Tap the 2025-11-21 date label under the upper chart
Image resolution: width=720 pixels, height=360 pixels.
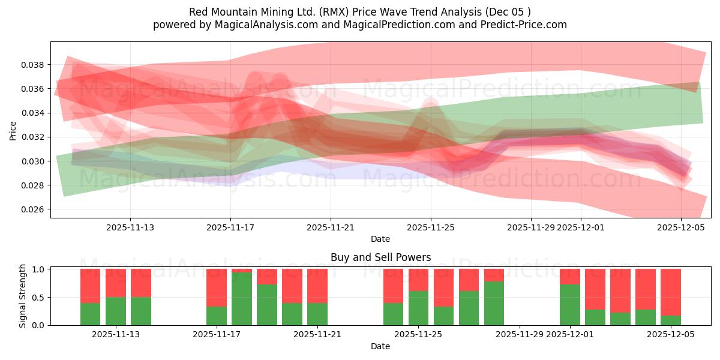click(331, 227)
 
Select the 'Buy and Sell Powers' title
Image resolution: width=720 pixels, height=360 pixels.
click(380, 257)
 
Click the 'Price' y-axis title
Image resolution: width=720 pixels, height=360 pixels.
click(13, 130)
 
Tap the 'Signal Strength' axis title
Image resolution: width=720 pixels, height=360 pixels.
click(23, 296)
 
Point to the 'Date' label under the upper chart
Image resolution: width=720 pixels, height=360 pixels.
click(380, 239)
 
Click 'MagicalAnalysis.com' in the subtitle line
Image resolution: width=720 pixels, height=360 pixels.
click(261, 25)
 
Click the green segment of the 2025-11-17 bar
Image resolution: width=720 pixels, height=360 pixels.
click(217, 316)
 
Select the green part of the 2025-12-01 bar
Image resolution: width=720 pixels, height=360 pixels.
click(570, 305)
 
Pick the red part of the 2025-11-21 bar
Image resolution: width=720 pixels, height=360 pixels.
click(317, 286)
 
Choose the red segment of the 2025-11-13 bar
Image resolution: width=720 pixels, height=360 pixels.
click(141, 283)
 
